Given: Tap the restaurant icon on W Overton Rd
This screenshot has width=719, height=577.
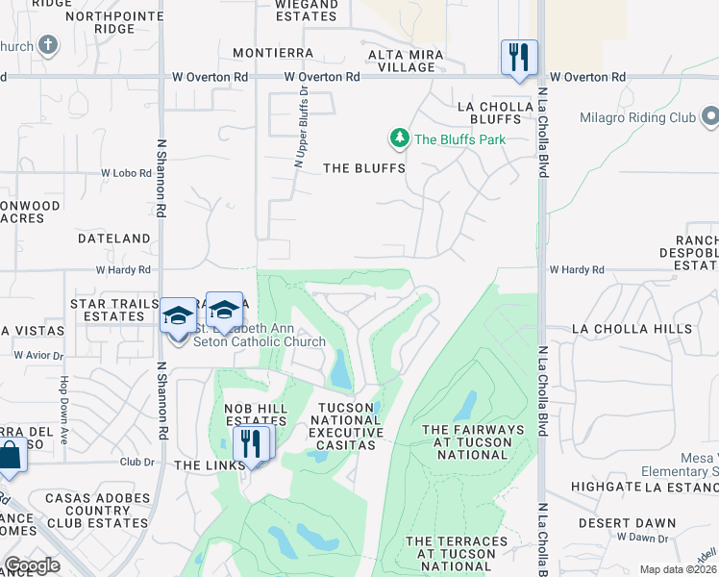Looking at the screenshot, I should point(519,56).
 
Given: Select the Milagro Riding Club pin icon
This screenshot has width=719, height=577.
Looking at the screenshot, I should point(710,117).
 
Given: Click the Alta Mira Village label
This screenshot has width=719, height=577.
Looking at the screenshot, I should point(406,61).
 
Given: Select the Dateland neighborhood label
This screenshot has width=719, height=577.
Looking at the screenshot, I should point(114,238).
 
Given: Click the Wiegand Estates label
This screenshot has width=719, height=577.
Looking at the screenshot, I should point(307,10).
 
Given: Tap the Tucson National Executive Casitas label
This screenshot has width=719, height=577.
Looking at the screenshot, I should point(346,420).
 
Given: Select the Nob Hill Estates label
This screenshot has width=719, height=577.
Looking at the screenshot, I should point(256,414).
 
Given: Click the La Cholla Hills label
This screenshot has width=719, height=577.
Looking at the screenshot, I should point(632,329).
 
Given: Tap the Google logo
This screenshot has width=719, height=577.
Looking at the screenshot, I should point(32,565).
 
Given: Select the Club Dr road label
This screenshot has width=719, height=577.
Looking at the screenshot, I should point(136,462).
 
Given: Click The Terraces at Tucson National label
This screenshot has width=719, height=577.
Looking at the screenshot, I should point(457,554).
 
